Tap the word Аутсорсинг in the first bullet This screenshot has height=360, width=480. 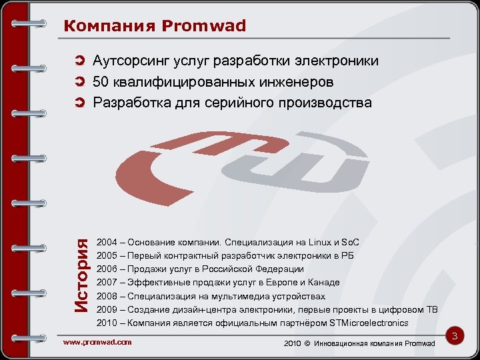[x=130, y=62]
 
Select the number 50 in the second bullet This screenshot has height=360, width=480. [x=101, y=83]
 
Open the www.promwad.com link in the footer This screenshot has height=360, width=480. [x=97, y=342]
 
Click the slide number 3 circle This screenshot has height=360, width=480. [x=456, y=337]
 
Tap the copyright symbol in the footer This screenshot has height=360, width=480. [x=308, y=343]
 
